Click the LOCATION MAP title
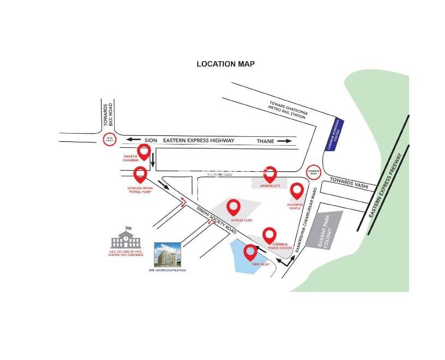(x=226, y=64)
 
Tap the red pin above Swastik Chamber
(x=144, y=152)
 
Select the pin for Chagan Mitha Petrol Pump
(x=140, y=175)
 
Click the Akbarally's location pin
(x=270, y=174)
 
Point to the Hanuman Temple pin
(x=296, y=191)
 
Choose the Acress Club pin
(x=234, y=208)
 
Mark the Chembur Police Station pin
(x=269, y=236)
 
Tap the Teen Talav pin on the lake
(x=250, y=253)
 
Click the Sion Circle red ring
(x=109, y=140)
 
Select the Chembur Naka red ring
(x=313, y=171)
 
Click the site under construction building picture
(x=167, y=255)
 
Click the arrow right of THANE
(x=284, y=141)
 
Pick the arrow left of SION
(x=134, y=140)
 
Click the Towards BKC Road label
(x=106, y=115)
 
